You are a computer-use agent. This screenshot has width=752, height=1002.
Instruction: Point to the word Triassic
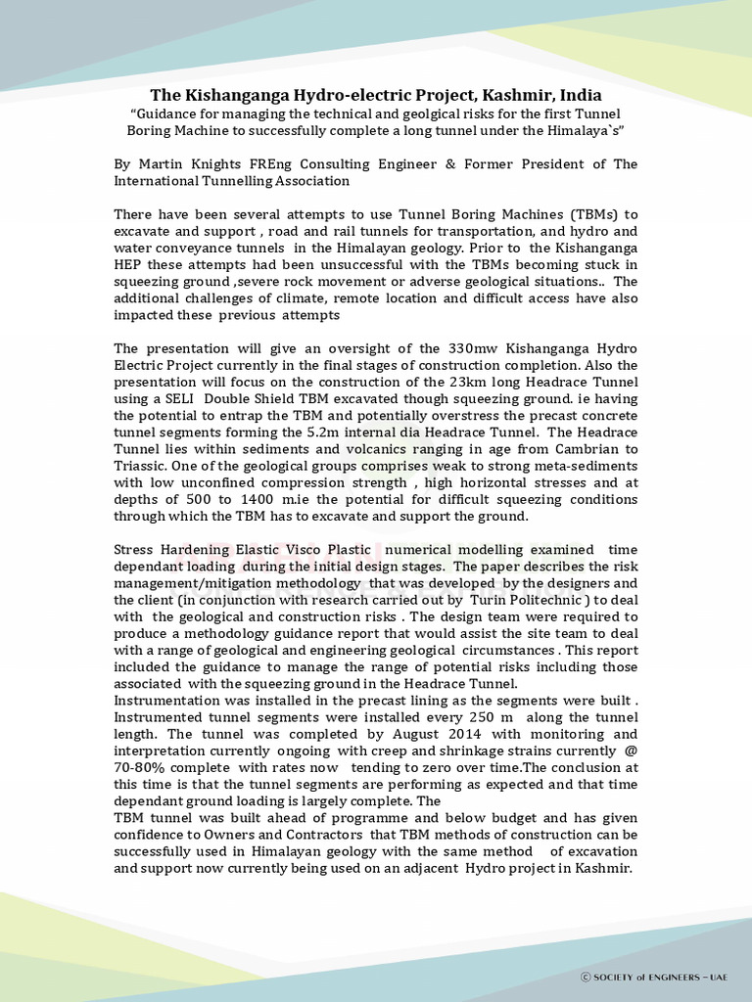click(142, 466)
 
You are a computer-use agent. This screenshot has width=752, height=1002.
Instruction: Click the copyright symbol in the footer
click(586, 977)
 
